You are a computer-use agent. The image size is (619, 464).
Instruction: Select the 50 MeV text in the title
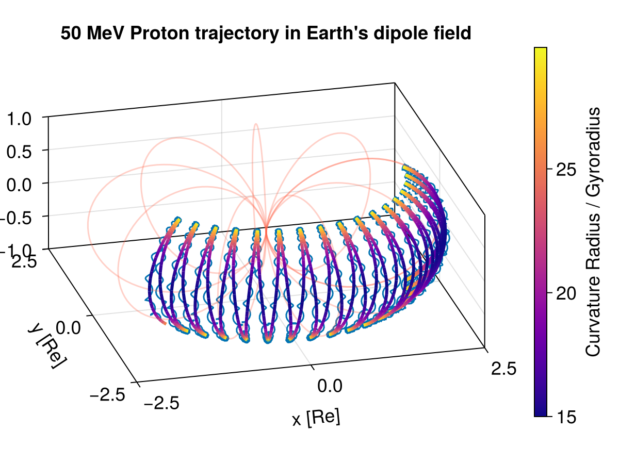point(90,34)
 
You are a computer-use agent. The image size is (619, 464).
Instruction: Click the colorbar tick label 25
point(566,170)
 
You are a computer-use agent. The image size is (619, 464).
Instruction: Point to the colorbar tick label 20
point(566,293)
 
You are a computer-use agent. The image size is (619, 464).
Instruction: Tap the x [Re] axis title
point(316,418)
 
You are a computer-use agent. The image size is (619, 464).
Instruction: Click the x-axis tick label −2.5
point(160,403)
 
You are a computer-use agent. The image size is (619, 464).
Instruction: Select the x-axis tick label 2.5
point(503,368)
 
